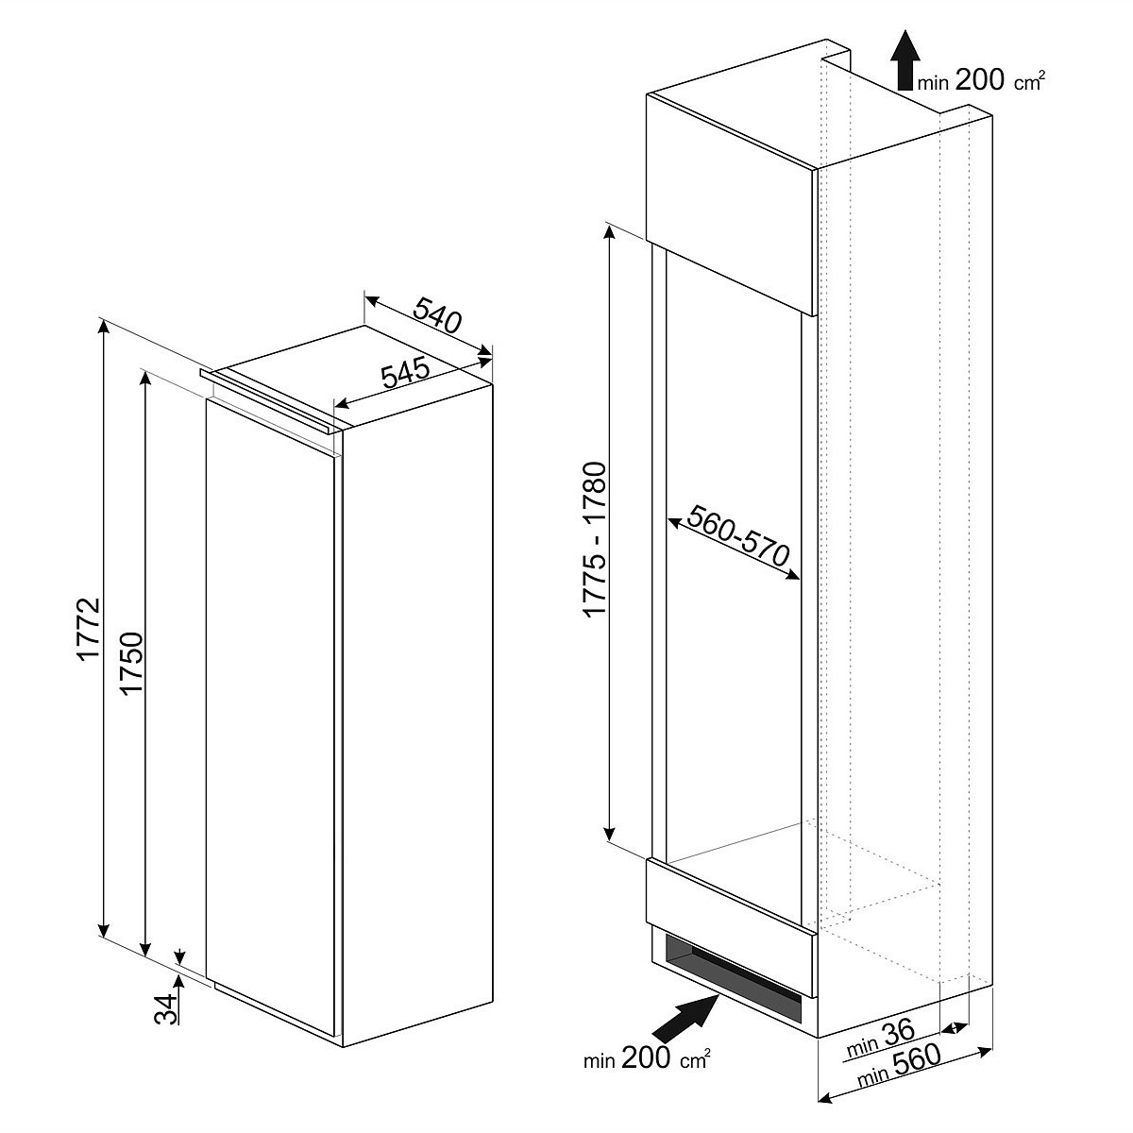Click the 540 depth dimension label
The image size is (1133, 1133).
click(x=437, y=316)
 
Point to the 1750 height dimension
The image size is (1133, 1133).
click(x=130, y=663)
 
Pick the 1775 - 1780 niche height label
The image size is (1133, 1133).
click(x=595, y=538)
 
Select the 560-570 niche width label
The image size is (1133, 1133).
click(x=738, y=535)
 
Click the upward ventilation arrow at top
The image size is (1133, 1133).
click(x=905, y=59)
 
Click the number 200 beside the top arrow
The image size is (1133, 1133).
click(x=979, y=79)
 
